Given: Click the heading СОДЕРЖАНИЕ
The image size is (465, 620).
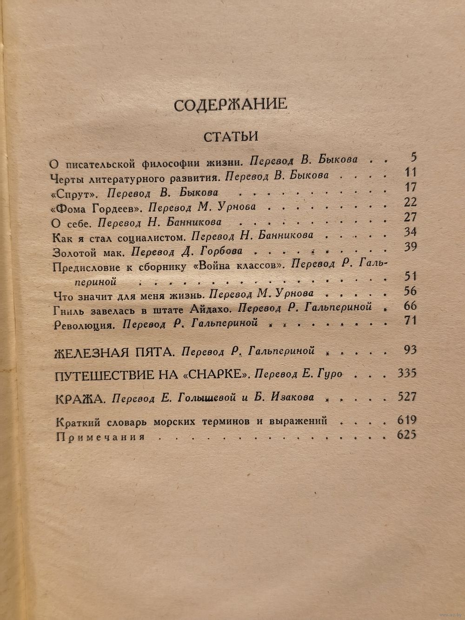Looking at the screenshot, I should pyautogui.click(x=230, y=105).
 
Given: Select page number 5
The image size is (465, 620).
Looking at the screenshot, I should pyautogui.click(x=413, y=157).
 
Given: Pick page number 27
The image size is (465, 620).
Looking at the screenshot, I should pyautogui.click(x=411, y=218).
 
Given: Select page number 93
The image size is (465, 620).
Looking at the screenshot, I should pyautogui.click(x=411, y=350).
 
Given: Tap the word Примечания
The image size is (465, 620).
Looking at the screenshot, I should pyautogui.click(x=100, y=437).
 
